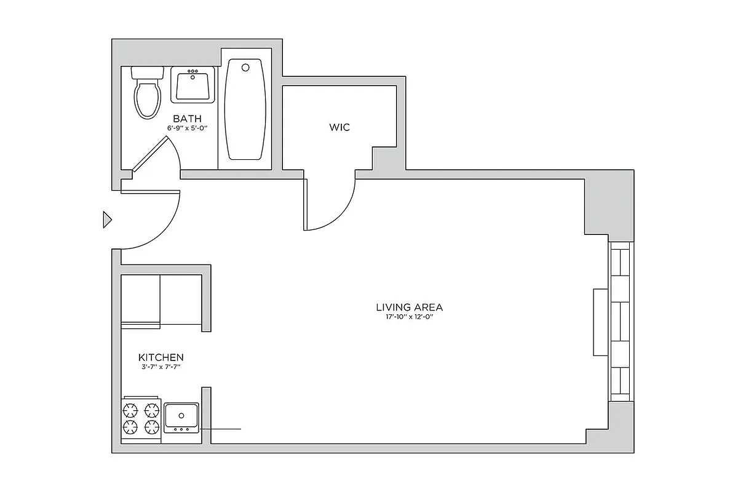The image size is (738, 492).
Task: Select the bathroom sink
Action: point(193,85)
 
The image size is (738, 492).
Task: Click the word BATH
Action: point(186,118)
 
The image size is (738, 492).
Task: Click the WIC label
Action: point(339,127)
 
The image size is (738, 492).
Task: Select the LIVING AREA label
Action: point(409,307)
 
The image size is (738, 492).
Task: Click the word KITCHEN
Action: point(161,357)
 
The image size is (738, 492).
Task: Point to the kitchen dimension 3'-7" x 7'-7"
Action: point(161,367)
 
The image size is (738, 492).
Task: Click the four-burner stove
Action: point(141,418)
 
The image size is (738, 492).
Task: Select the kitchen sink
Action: point(181,418)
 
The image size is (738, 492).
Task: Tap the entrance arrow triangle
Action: point(107,220)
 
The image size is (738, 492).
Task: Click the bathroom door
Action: point(150,153)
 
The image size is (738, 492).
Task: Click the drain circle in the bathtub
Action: point(245,66)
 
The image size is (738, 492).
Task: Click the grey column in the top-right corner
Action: point(608,206)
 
